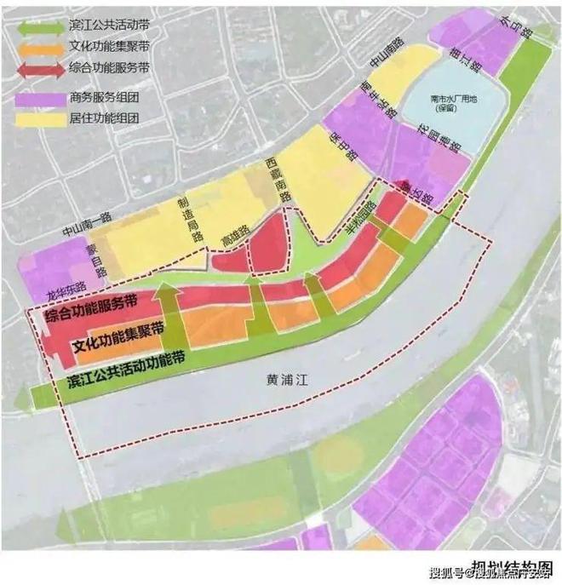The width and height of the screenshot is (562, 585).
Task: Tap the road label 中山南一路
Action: coord(88,223)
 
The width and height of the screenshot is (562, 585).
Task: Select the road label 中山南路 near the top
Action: coord(380,65)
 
